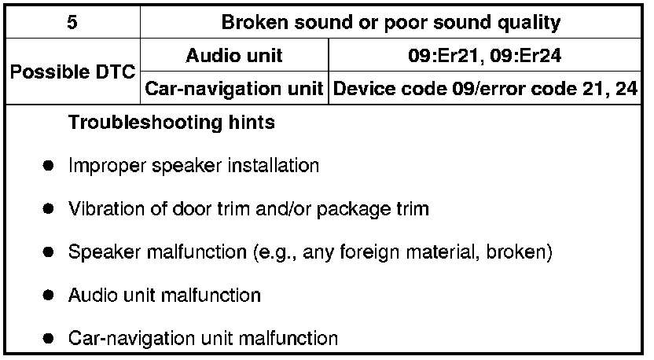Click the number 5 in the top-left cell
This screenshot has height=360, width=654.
pyautogui.click(x=72, y=22)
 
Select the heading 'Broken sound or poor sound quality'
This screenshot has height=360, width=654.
pyautogui.click(x=391, y=22)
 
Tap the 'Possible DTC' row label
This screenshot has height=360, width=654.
pyautogui.click(x=72, y=72)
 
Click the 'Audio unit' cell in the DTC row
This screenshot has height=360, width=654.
pyautogui.click(x=234, y=56)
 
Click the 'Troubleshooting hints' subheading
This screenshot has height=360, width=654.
pyautogui.click(x=171, y=123)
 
